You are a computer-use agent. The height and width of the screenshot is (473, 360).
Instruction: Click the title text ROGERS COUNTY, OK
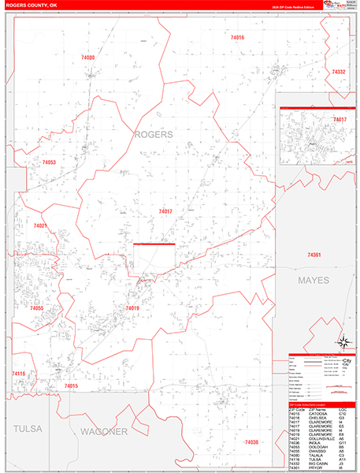pyautogui.click(x=32, y=5)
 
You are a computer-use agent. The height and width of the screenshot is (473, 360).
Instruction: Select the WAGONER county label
pyautogui.click(x=103, y=431)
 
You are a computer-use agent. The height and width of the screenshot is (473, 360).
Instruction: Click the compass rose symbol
pyautogui.click(x=343, y=342)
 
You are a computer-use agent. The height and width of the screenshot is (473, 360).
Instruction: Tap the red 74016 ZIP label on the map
pyautogui.click(x=237, y=38)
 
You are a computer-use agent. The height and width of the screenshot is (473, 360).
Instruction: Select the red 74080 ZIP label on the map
pyautogui.click(x=88, y=58)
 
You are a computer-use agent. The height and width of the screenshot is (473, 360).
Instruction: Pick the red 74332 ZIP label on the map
pyautogui.click(x=339, y=72)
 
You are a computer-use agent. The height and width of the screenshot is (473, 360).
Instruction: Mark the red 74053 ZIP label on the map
pyautogui.click(x=49, y=162)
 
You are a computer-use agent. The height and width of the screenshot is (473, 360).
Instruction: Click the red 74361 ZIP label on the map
pyautogui.click(x=315, y=255)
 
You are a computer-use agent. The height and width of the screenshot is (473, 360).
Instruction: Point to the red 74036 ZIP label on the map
pyautogui.click(x=252, y=441)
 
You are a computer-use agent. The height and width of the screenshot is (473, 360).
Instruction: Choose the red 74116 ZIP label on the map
pyautogui.click(x=19, y=373)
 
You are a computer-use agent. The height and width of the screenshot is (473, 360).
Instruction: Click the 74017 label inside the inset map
pyautogui.click(x=340, y=119)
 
